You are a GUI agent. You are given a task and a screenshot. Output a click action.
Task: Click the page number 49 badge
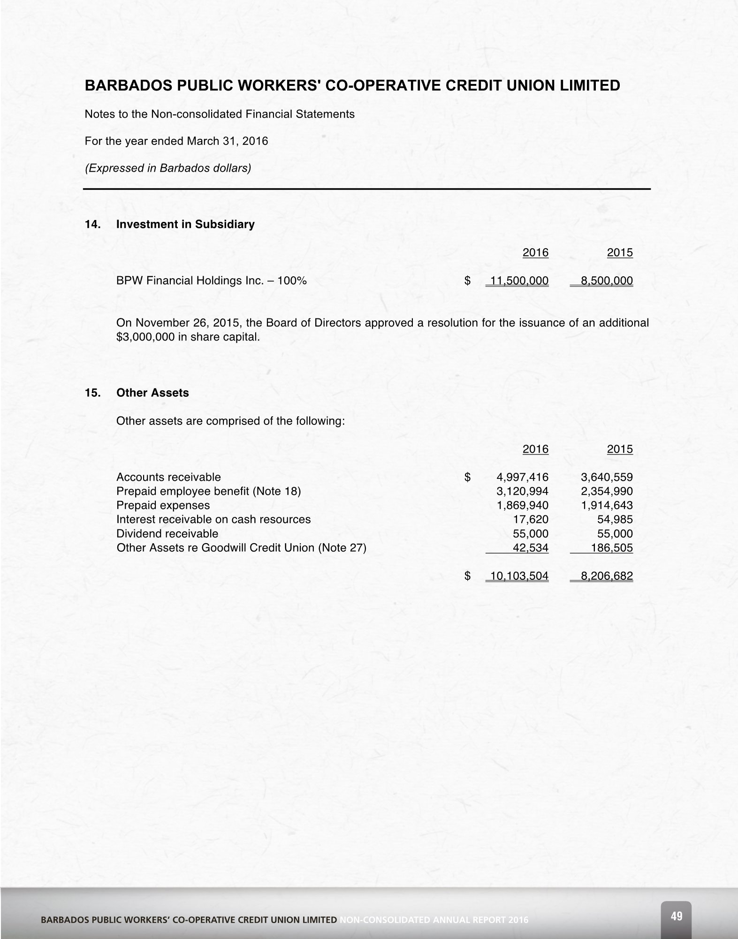676,916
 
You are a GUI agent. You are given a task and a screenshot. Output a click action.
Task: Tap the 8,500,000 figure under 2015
607,281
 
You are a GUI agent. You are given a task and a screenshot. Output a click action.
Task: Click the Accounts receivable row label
168,477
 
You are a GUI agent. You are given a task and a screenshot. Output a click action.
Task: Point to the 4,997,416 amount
522,477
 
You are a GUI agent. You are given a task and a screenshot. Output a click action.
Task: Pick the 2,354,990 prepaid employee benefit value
607,492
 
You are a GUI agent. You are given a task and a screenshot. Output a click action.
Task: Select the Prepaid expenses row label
163,506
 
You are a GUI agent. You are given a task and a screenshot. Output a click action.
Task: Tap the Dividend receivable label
167,534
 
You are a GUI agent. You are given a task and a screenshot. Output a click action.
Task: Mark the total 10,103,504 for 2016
519,576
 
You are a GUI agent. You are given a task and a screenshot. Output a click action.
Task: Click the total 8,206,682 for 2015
607,576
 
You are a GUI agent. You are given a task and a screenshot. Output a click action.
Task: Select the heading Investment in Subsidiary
185,224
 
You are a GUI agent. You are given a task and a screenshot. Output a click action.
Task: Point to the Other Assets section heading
152,393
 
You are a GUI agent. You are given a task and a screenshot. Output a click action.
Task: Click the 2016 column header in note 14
535,253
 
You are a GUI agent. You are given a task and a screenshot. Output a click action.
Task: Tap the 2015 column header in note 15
620,449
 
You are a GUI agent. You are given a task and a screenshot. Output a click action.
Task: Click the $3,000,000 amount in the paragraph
145,337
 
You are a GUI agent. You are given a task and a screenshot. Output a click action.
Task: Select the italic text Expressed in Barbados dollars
167,168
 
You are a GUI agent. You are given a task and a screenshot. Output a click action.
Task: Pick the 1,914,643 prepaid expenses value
607,506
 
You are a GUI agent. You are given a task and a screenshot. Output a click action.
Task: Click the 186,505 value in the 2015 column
612,548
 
